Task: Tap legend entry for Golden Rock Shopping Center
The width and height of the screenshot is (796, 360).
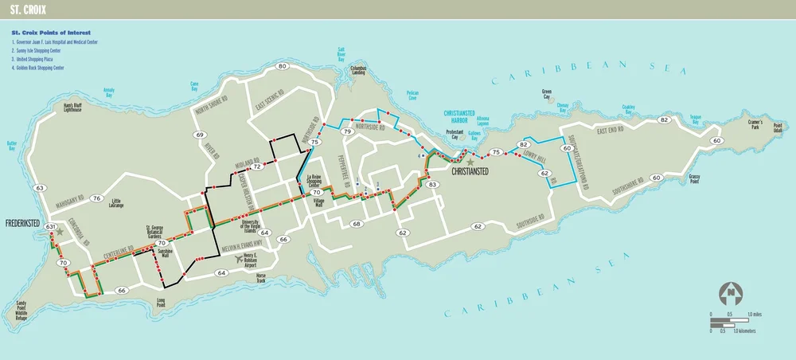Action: point(49,68)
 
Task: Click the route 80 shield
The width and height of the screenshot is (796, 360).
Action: point(283,66)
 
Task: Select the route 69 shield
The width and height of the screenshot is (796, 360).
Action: point(200,135)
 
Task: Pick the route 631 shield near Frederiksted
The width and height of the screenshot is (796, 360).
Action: point(51,228)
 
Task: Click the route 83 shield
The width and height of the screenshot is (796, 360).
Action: point(432,185)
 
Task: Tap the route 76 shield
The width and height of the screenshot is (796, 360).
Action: point(96,198)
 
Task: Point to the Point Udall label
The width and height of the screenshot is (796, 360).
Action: point(778,128)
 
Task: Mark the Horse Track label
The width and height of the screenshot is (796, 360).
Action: point(260,279)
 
